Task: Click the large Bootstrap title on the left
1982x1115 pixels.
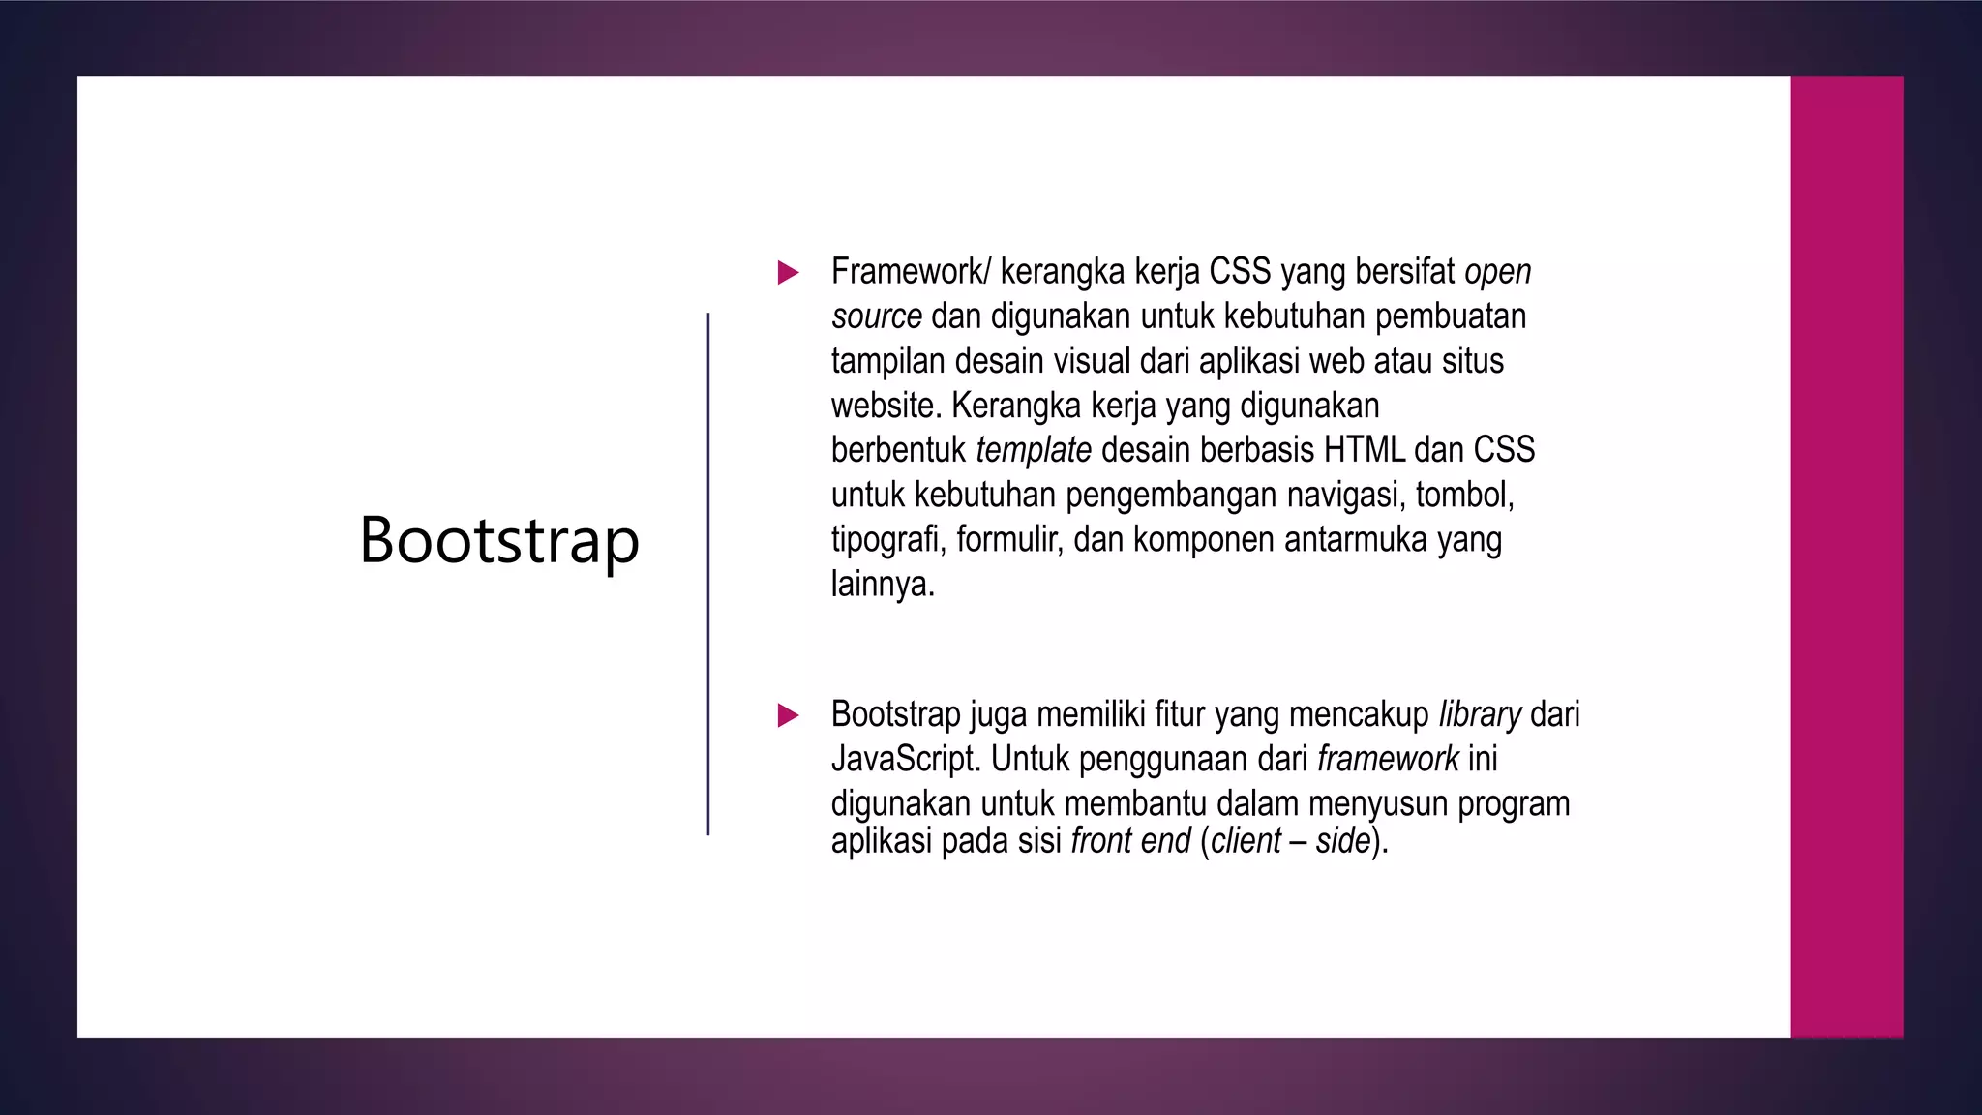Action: [x=499, y=540]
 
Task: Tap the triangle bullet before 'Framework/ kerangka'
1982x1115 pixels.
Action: [x=788, y=273]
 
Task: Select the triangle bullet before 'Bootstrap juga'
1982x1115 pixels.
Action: [x=788, y=716]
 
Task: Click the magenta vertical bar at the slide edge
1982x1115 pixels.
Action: [x=1847, y=557]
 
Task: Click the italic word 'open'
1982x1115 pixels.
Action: [x=1497, y=273]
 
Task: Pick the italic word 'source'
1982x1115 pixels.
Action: [x=876, y=316]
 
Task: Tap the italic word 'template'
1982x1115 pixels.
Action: [x=1034, y=450]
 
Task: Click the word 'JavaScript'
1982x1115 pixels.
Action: [x=906, y=760]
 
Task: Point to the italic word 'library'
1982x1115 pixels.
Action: [x=1480, y=714]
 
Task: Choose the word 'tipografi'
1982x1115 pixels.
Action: [x=887, y=540]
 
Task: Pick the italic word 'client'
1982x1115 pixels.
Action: [x=1246, y=841]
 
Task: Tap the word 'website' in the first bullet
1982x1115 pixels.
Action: [x=885, y=406]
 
